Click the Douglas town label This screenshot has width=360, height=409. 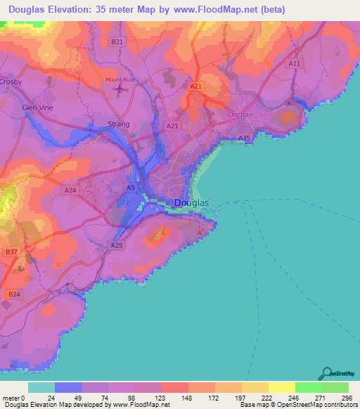click(x=191, y=203)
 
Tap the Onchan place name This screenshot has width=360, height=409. click(x=240, y=115)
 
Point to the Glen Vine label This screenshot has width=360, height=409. click(x=37, y=108)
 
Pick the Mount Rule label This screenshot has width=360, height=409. click(x=119, y=79)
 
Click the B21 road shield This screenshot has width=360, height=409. click(x=117, y=42)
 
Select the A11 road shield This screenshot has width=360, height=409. click(x=295, y=63)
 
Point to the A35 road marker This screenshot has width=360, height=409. click(x=244, y=138)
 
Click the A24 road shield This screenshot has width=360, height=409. click(x=70, y=190)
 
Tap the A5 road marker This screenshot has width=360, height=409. click(x=130, y=188)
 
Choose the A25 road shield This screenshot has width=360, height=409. click(x=117, y=245)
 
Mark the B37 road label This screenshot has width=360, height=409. click(x=11, y=252)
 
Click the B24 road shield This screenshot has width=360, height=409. click(x=13, y=294)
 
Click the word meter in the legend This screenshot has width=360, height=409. click(x=12, y=397)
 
